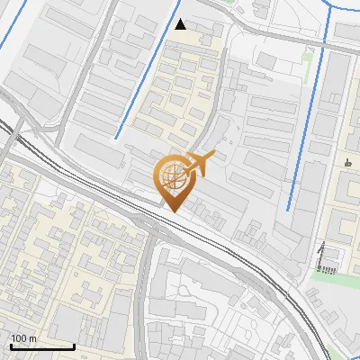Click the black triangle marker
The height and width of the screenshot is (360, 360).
tap(182, 24)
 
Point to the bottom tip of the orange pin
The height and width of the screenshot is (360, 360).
tap(172, 211)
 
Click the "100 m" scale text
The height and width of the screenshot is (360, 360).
tap(23, 338)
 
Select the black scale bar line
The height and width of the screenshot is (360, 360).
tap(42, 346)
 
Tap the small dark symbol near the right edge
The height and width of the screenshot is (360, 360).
tap(347, 163)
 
